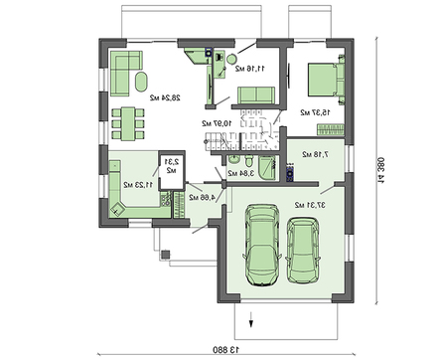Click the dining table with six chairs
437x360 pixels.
pyautogui.click(x=128, y=122)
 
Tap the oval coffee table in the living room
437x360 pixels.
pyautogui.click(x=140, y=82)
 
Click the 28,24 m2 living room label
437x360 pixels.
pyautogui.click(x=163, y=98)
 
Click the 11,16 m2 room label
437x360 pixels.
pyautogui.click(x=247, y=69)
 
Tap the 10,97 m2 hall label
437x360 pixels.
pyautogui.click(x=216, y=122)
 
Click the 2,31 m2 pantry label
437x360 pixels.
pyautogui.click(x=170, y=165)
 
